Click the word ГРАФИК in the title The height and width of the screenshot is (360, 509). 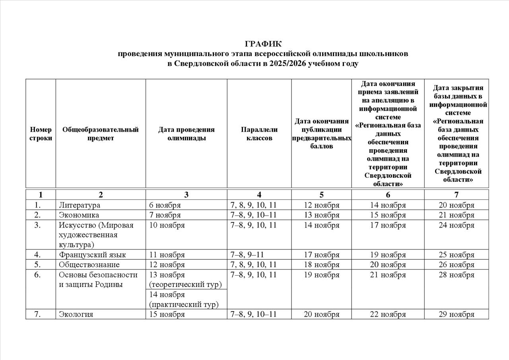(263, 44)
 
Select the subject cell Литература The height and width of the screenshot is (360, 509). (80, 205)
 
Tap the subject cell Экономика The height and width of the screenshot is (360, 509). (79, 215)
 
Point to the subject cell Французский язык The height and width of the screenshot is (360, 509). (93, 255)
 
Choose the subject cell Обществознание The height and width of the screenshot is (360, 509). (89, 265)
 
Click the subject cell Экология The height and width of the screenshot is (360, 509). (76, 314)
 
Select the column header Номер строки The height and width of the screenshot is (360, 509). (41, 134)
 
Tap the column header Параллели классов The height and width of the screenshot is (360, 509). (259, 134)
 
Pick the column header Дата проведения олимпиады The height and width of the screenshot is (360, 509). (186, 134)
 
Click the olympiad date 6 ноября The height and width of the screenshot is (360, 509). (165, 205)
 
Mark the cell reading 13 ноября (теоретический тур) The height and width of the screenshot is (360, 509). (185, 280)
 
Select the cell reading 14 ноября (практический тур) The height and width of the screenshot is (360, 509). (184, 300)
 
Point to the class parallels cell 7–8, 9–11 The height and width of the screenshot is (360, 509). (247, 255)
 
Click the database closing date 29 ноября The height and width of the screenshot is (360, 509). (456, 314)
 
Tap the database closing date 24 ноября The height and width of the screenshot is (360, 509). (456, 225)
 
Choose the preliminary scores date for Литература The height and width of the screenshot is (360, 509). (321, 205)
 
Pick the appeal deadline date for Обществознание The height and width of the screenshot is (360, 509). (388, 265)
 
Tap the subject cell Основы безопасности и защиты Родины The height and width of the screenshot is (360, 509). (98, 280)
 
